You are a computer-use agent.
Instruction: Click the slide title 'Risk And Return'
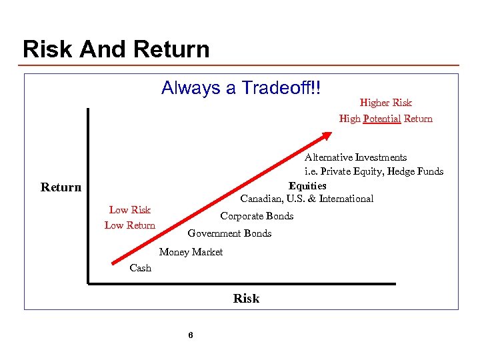[116, 49]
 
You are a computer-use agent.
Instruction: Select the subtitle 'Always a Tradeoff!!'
[241, 88]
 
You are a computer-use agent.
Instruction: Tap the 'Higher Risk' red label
[385, 103]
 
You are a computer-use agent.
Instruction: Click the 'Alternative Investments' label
[355, 157]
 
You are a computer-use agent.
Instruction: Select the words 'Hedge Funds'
[417, 171]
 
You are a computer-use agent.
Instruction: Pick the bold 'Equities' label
[307, 185]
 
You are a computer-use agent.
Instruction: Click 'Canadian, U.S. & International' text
[307, 199]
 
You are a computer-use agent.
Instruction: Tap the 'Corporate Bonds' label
[257, 216]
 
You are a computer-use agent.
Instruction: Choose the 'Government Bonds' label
[229, 233]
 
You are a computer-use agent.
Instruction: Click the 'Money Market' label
[191, 251]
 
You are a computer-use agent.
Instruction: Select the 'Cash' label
[140, 268]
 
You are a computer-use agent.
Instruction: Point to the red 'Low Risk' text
[130, 210]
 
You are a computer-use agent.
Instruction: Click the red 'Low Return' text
[130, 225]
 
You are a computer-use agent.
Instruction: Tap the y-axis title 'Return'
[61, 187]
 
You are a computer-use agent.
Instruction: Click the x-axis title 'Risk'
[246, 299]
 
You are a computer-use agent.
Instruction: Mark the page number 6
[191, 335]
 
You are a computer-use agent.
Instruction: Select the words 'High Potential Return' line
[385, 119]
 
